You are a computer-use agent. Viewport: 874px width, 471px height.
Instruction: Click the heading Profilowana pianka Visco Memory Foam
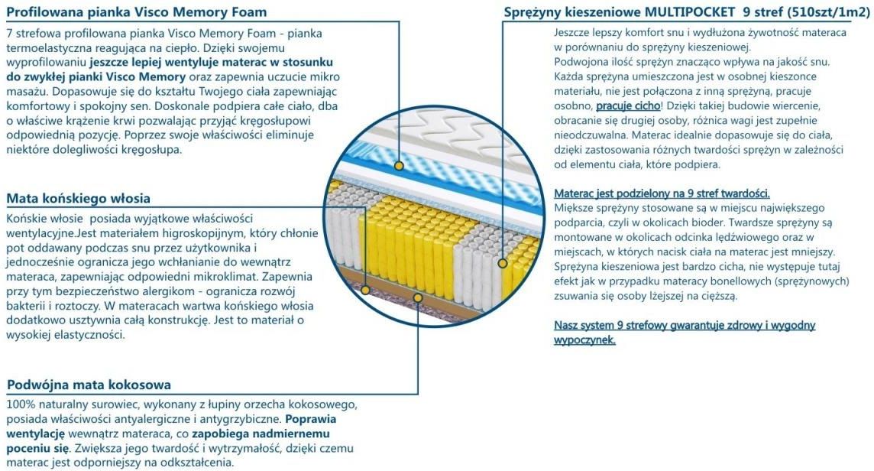[x=137, y=11]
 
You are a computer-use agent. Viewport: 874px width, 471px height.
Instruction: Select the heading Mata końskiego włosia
[x=78, y=198]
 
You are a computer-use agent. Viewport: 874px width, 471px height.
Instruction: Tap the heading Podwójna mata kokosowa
[x=89, y=385]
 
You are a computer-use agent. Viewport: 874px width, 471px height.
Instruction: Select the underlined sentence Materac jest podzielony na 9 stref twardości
[x=662, y=193]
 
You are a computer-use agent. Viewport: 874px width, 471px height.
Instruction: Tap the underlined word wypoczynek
[x=584, y=339]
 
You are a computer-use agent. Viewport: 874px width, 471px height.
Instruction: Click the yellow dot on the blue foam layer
[x=399, y=165]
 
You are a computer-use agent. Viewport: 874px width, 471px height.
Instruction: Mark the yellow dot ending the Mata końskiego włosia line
[x=365, y=290]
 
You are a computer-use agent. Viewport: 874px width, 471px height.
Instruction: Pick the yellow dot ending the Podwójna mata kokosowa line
[x=417, y=297]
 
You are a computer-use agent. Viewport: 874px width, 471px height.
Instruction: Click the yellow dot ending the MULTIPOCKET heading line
[x=502, y=263]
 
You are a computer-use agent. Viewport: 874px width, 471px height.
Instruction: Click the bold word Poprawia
[x=310, y=419]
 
